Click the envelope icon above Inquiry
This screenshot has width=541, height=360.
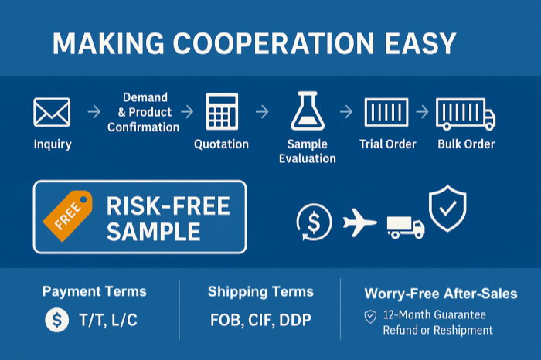[x=52, y=113]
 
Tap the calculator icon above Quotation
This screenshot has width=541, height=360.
[x=221, y=112]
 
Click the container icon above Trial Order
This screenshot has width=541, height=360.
[x=387, y=113]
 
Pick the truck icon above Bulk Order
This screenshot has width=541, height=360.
[x=465, y=114]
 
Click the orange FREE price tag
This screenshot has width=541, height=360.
[x=67, y=212]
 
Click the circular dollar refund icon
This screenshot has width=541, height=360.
[x=314, y=222]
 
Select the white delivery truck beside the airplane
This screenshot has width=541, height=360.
[x=406, y=226]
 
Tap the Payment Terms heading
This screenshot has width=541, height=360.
[x=94, y=292]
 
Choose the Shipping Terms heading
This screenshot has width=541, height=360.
[x=260, y=292]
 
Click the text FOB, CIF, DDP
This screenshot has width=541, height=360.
[x=260, y=320]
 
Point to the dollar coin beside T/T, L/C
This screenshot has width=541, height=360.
[x=56, y=320]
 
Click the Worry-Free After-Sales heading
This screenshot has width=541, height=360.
[x=441, y=294]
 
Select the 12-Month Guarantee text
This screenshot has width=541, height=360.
[x=437, y=315]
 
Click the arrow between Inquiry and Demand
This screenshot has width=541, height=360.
[x=94, y=113]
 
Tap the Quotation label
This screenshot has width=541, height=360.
[x=221, y=144]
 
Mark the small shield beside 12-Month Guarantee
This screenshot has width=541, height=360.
[x=370, y=316]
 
